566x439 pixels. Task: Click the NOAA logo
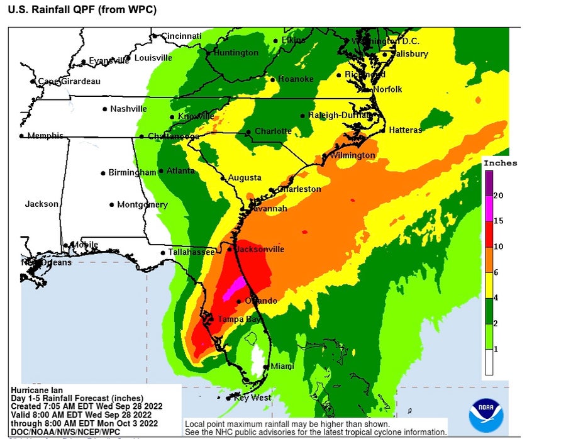(x=486, y=414)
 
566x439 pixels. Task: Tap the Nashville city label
(x=128, y=109)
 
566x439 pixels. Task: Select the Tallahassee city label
(x=191, y=252)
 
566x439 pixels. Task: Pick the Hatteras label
(x=405, y=130)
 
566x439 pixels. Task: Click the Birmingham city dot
(x=103, y=173)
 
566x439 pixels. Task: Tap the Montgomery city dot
(x=111, y=205)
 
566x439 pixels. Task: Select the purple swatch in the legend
(x=489, y=182)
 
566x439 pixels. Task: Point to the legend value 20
(x=498, y=196)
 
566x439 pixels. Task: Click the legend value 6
(x=496, y=272)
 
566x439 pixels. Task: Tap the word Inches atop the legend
(x=500, y=163)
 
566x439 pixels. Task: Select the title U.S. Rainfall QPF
(x=82, y=10)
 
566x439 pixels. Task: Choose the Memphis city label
(x=45, y=136)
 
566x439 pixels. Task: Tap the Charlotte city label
(x=273, y=131)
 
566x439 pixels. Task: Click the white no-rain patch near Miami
(x=256, y=357)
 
